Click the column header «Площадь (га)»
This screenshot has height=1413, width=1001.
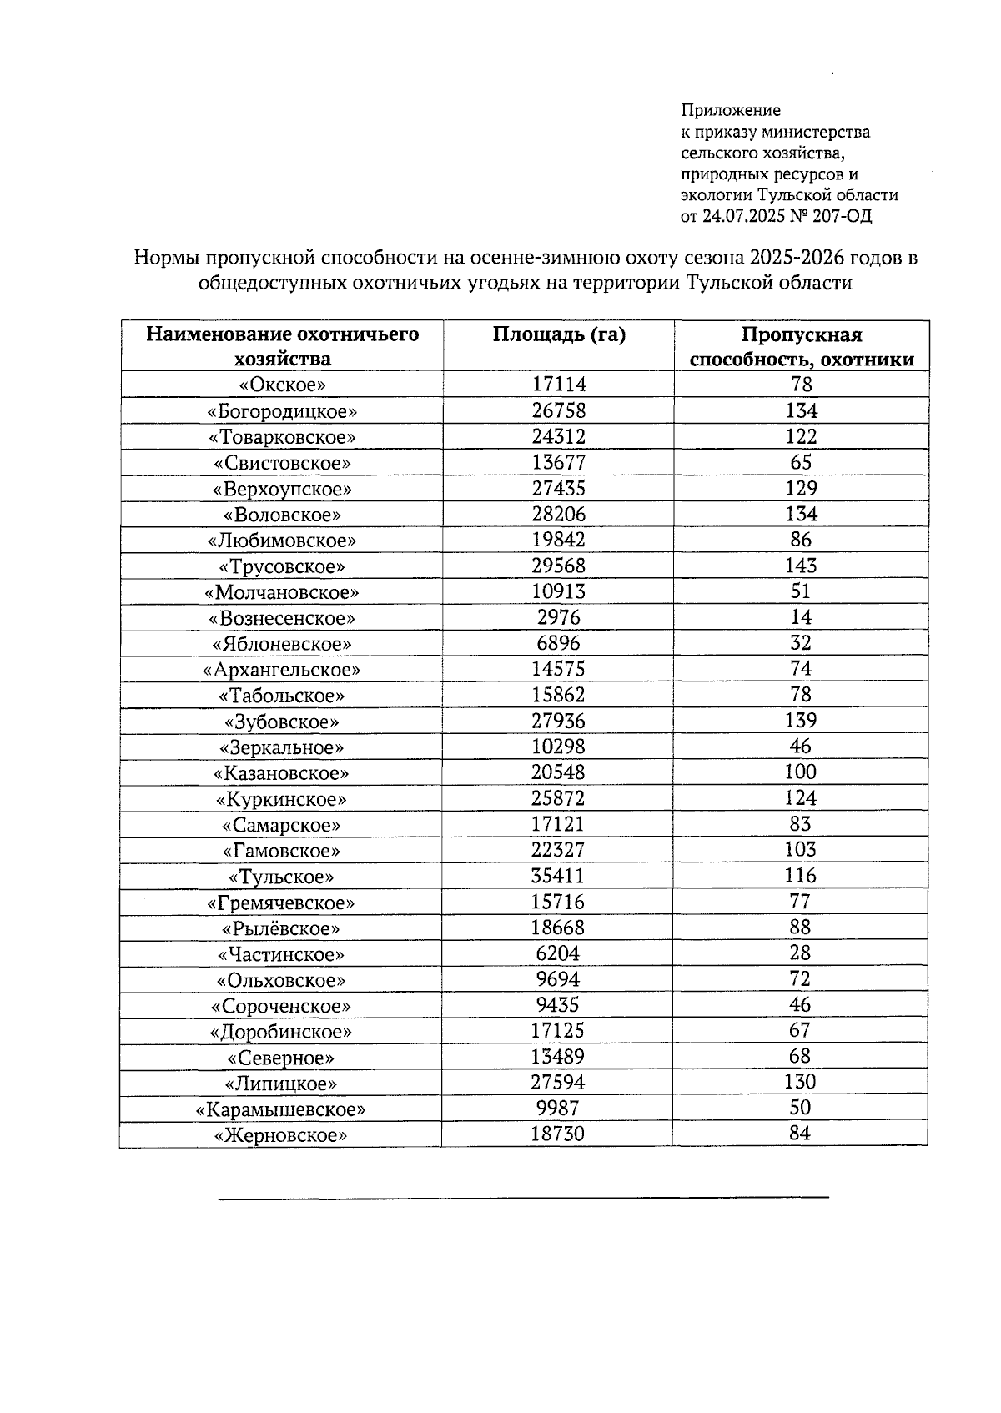(x=558, y=335)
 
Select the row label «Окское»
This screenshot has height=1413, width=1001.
(x=282, y=385)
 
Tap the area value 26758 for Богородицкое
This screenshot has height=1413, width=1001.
(x=559, y=410)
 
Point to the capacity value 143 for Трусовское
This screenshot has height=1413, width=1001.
(x=801, y=566)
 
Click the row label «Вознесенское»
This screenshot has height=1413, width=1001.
(x=282, y=618)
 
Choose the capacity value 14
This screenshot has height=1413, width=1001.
(x=801, y=617)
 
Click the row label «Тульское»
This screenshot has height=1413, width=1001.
(x=282, y=877)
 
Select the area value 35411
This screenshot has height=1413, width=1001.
(x=559, y=876)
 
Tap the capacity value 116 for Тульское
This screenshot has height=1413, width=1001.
(x=801, y=876)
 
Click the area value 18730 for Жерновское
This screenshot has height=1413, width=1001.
(x=558, y=1134)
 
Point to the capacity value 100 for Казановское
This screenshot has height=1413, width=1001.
(x=801, y=772)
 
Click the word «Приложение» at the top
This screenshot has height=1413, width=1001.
(x=731, y=110)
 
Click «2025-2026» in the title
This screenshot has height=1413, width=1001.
(x=790, y=258)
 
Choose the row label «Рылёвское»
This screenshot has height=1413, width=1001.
(x=281, y=928)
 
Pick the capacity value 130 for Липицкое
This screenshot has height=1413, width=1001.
(x=801, y=1083)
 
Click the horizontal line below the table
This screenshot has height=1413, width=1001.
(x=523, y=1197)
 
